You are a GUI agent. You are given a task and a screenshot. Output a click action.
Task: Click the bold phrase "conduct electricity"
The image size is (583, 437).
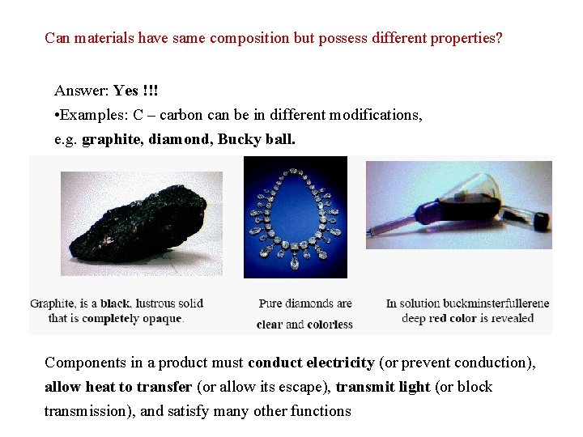click(x=312, y=363)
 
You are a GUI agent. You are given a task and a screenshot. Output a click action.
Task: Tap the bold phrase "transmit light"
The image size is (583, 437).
click(x=382, y=387)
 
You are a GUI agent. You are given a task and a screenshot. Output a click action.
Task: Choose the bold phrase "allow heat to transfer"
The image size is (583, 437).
click(x=118, y=387)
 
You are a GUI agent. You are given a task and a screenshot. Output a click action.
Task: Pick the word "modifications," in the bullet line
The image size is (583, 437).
click(x=373, y=115)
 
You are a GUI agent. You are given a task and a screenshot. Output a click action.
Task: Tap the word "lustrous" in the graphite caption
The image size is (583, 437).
click(x=156, y=303)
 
